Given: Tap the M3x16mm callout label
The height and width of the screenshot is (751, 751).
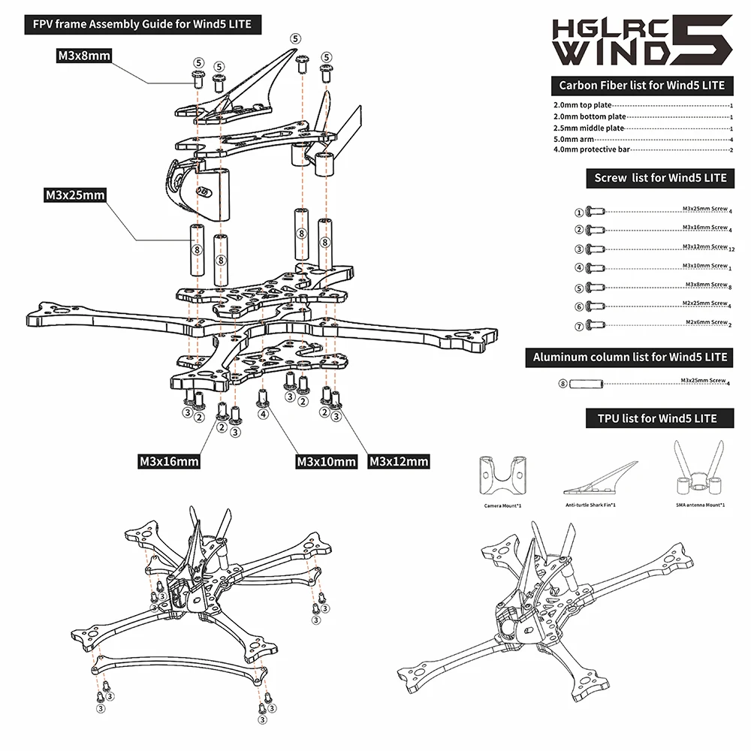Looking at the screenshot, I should tap(169, 460).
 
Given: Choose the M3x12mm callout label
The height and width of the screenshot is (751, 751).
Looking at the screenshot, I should tap(399, 460).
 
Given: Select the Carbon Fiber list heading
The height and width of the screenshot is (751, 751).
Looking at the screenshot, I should tap(641, 85).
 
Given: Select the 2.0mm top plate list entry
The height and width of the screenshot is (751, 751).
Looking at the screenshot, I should tap(583, 106).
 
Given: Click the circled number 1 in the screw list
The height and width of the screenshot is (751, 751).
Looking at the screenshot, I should tap(579, 213).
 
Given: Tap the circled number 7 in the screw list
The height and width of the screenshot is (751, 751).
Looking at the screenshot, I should tap(579, 325).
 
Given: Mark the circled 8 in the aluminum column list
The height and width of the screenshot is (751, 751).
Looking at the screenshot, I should tap(563, 384).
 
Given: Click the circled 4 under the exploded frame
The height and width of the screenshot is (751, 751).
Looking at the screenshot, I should tap(263, 413).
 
